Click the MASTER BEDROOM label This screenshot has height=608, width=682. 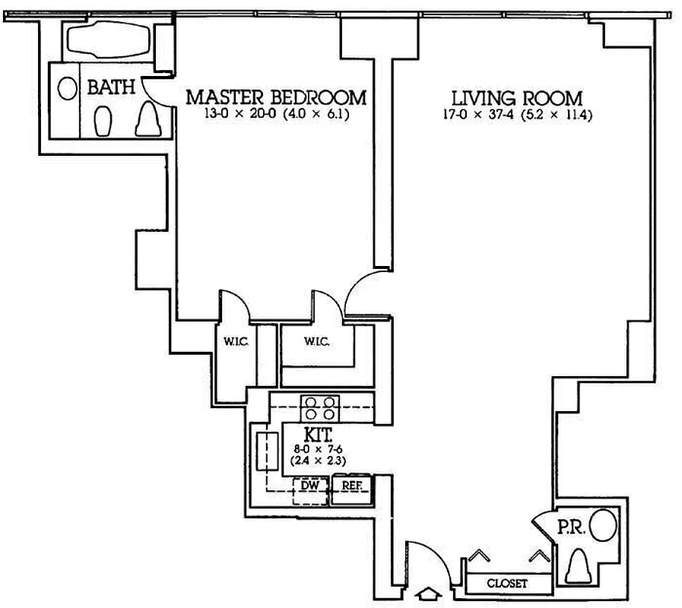pos(276,98)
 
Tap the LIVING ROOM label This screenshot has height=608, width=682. pos(517,98)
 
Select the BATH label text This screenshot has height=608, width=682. pos(111,87)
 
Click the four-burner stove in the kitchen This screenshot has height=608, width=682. pos(319,408)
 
